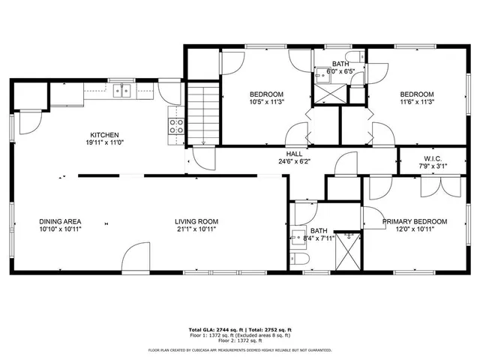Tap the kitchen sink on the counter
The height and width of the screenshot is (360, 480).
(121, 91)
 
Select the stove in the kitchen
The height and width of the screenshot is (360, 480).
(177, 127)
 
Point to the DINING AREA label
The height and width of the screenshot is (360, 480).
(60, 221)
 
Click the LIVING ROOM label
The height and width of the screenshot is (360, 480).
(196, 221)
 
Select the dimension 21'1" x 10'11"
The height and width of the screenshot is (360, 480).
(196, 229)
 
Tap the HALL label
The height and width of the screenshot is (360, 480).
(294, 153)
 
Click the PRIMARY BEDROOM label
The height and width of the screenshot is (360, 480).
(415, 221)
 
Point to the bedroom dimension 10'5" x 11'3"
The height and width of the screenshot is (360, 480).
(266, 103)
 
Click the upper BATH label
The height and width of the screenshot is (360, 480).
(340, 64)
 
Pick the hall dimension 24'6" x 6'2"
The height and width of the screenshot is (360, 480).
(294, 161)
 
